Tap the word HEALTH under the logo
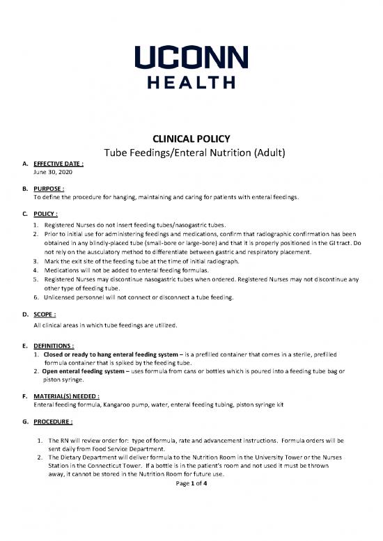pos(191,82)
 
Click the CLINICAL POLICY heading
pos(191,138)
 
